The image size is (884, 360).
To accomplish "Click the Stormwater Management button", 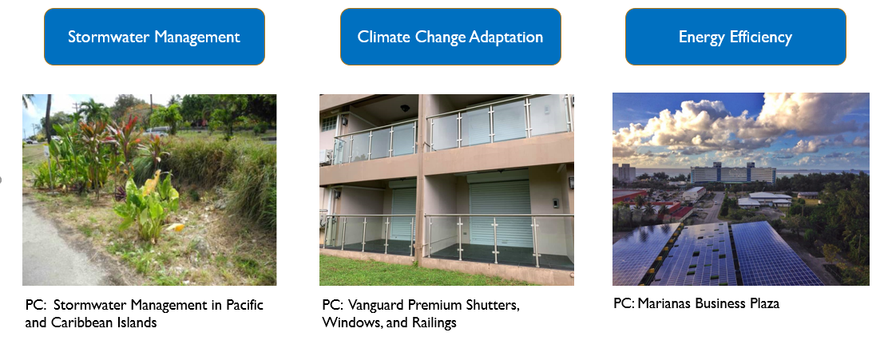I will coord(154,37).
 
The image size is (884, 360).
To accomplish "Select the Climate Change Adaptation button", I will coord(450,37).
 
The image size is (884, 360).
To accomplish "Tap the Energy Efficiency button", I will coord(735,37).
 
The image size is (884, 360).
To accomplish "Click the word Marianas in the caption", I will coord(664,304).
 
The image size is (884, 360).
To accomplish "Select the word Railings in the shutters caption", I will coord(431,322).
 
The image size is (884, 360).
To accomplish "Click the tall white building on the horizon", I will coord(731,172).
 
